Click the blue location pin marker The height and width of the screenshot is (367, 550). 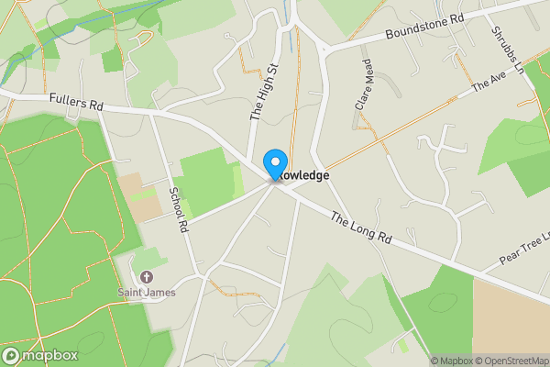(x=274, y=164)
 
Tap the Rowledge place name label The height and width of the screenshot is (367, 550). (x=302, y=174)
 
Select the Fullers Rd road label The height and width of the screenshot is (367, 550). (x=75, y=100)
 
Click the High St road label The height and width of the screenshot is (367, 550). (x=264, y=94)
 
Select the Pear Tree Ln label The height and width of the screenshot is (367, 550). (x=523, y=248)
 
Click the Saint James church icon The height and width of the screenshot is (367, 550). (x=145, y=276)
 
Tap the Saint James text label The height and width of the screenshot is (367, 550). (x=146, y=293)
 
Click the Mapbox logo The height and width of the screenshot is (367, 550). (x=40, y=355)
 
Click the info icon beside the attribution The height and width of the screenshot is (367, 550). (x=421, y=361)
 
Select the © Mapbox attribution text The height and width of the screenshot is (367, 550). (x=451, y=361)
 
